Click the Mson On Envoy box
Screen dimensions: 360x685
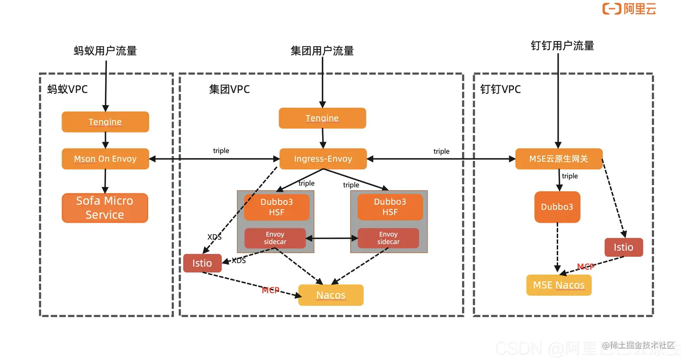click(105, 159)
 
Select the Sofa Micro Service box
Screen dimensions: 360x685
click(105, 208)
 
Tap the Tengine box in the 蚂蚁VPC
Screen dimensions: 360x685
click(105, 122)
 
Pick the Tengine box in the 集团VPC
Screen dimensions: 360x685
click(322, 118)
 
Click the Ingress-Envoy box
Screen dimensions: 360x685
click(323, 159)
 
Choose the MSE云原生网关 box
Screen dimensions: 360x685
click(559, 159)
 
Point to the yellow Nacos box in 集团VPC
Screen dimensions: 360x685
click(331, 295)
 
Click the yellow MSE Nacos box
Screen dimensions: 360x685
click(559, 285)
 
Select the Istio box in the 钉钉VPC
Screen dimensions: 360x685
click(623, 247)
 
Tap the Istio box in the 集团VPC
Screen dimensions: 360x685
click(202, 264)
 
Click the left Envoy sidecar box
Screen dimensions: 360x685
click(275, 238)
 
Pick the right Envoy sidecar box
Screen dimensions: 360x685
click(388, 238)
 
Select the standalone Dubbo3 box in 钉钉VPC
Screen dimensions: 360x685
click(557, 207)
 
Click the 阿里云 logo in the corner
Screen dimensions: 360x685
click(629, 9)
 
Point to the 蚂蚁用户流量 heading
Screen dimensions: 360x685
click(105, 51)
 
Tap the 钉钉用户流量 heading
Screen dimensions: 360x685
click(562, 46)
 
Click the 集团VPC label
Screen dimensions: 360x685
click(229, 89)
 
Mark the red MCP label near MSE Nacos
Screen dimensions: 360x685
click(585, 267)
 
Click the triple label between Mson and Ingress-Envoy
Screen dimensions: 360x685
click(221, 151)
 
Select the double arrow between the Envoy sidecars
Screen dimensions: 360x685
click(332, 238)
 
